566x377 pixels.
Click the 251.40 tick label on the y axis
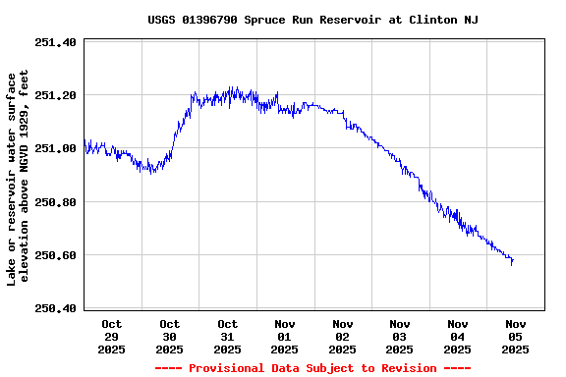(55, 42)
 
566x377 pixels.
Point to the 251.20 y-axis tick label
(55, 95)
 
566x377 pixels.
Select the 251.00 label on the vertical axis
(55, 148)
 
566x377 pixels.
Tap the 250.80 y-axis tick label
(55, 202)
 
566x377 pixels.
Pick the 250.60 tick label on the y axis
(55, 255)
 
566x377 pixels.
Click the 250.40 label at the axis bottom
(55, 308)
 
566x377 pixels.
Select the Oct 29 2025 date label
(112, 336)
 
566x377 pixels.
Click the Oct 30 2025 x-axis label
(170, 336)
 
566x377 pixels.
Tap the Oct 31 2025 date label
(228, 336)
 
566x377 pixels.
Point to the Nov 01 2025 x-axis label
(285, 336)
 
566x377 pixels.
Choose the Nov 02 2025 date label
(343, 336)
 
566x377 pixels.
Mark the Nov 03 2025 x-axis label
(400, 336)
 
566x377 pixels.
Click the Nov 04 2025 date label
(458, 336)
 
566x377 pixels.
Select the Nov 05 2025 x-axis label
(515, 336)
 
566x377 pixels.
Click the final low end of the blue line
(512, 264)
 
